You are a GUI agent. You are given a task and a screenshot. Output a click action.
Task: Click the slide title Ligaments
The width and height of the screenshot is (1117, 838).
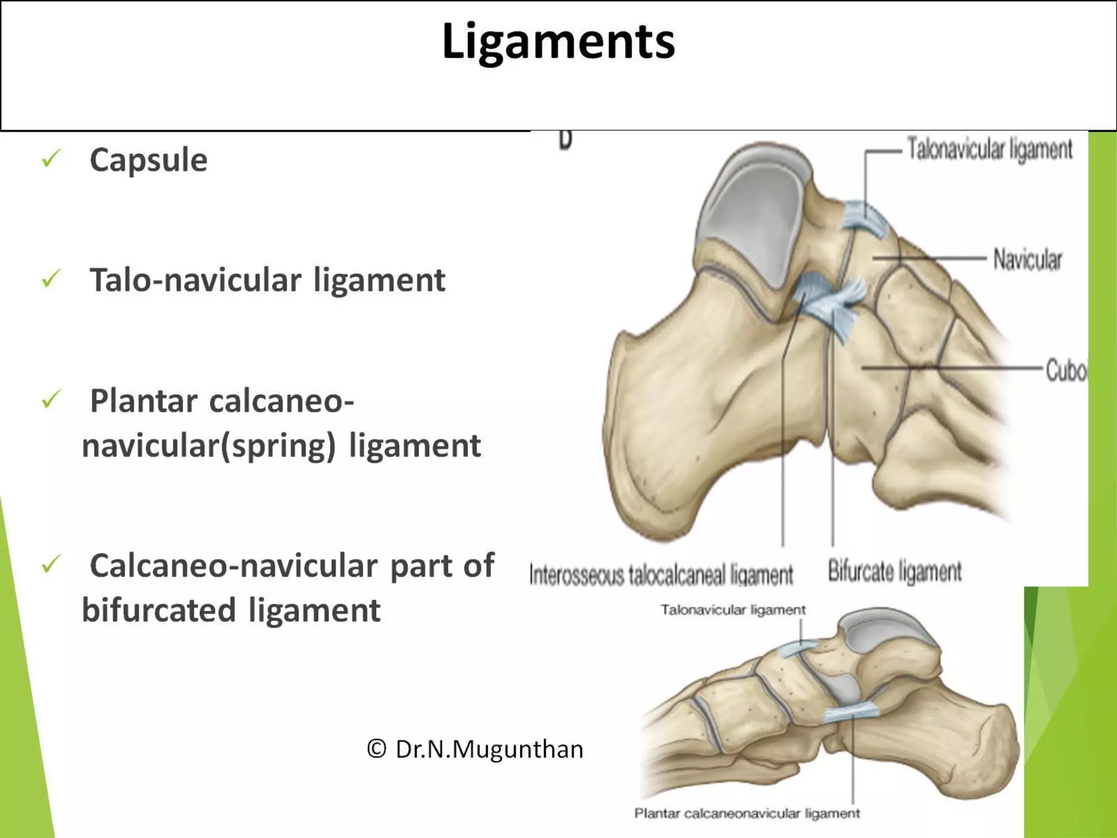pos(558,41)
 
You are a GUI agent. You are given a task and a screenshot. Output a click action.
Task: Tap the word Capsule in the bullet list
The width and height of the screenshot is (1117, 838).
pos(148,160)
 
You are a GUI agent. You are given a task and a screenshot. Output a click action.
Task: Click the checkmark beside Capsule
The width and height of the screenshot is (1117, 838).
pos(51,159)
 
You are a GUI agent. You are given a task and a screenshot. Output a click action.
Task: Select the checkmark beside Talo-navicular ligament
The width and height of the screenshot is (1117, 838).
pos(51,279)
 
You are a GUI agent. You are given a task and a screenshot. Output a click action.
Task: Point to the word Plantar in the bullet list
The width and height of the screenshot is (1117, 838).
pos(143,402)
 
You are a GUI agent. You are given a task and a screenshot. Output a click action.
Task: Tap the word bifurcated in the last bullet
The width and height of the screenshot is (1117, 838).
pos(159,610)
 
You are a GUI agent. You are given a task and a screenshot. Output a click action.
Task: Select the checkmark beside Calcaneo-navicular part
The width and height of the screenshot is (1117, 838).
pos(51,565)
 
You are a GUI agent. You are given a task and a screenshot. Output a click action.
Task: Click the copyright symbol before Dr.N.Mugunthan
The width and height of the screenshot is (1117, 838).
pos(376,749)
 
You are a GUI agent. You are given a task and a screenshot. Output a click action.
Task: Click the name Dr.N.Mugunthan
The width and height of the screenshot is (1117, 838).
pos(489,749)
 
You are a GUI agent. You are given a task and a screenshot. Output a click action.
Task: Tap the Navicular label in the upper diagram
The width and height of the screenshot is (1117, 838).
pos(1028,259)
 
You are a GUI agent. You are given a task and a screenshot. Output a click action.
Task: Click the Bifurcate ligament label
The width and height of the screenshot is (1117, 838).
pos(894,571)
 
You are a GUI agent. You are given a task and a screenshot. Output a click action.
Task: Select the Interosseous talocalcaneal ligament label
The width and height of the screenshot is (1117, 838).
pos(661,575)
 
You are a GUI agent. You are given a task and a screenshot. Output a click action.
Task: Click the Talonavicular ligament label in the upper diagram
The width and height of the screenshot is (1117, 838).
pos(989,149)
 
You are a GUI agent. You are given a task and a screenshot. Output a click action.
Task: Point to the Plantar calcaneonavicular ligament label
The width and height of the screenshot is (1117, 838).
pos(747,813)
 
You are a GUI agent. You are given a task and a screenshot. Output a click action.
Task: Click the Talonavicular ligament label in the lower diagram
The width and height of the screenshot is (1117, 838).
pos(732,610)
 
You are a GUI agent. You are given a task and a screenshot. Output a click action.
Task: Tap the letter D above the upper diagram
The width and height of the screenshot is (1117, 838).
pos(566,140)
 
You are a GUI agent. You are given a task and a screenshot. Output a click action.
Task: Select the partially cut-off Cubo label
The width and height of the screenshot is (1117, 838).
pos(1066,371)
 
